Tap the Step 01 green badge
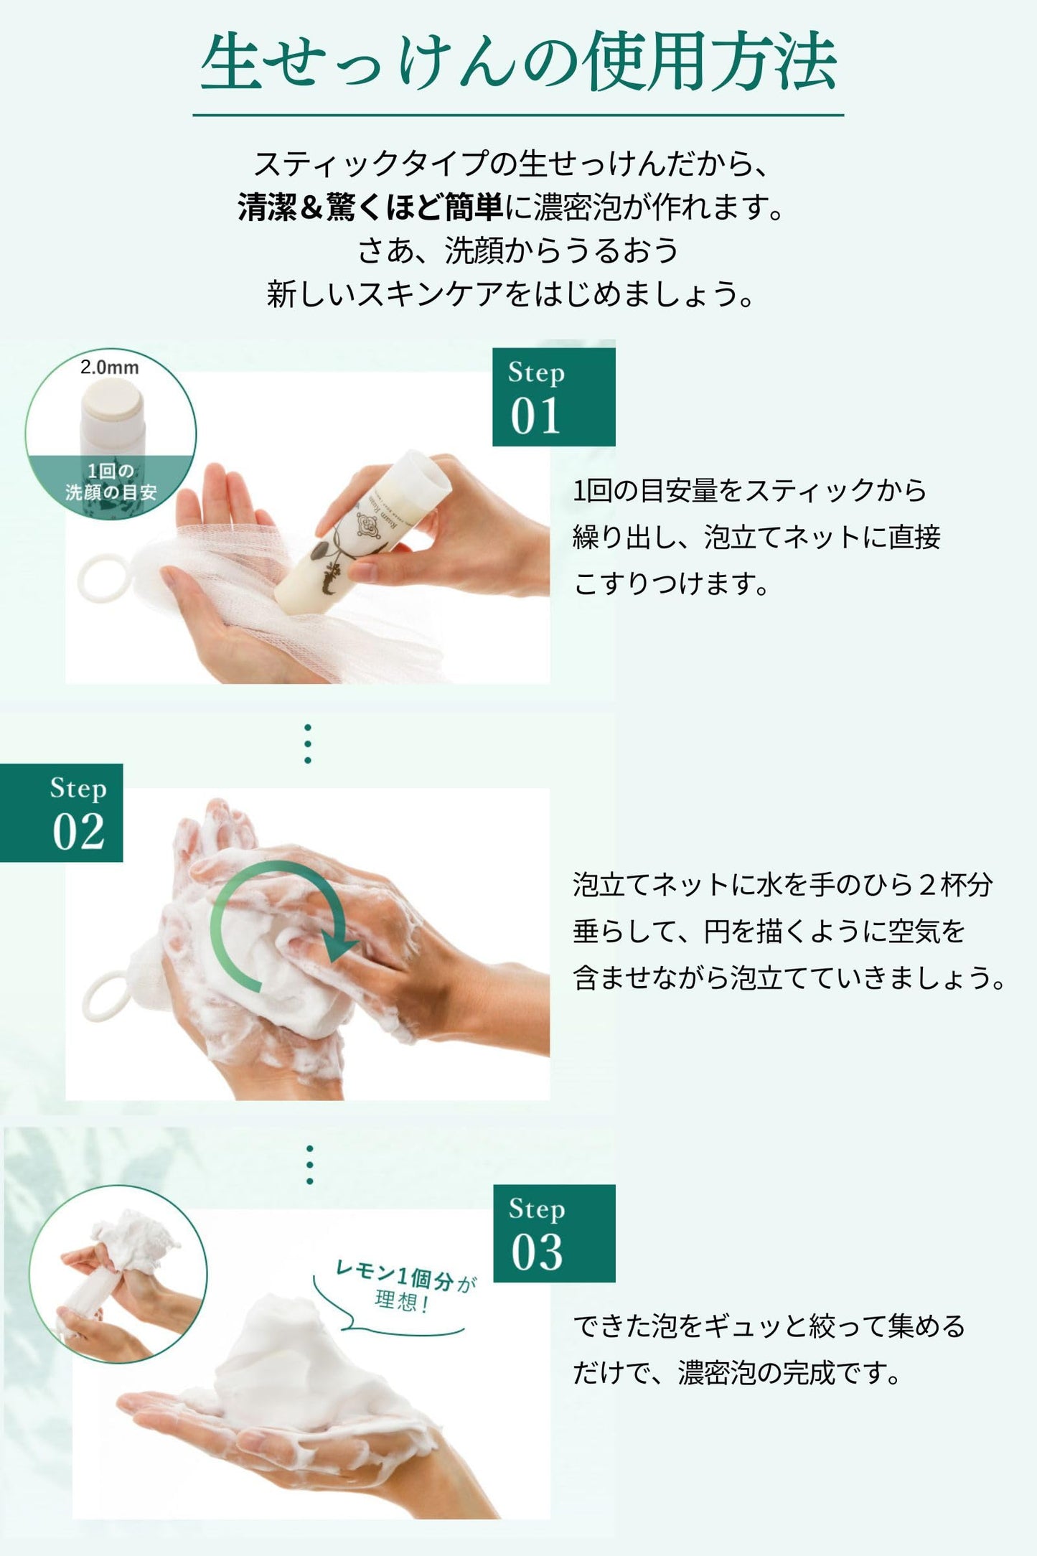(x=553, y=397)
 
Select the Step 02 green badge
(x=62, y=812)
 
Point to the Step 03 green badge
(x=554, y=1233)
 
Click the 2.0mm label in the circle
(x=110, y=367)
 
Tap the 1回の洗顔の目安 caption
(x=111, y=482)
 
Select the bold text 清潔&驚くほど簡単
(x=371, y=208)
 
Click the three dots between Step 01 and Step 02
(x=308, y=744)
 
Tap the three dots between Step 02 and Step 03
(x=310, y=1164)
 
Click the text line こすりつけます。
(x=672, y=583)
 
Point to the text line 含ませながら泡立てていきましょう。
(x=790, y=978)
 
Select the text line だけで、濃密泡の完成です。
(x=737, y=1373)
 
